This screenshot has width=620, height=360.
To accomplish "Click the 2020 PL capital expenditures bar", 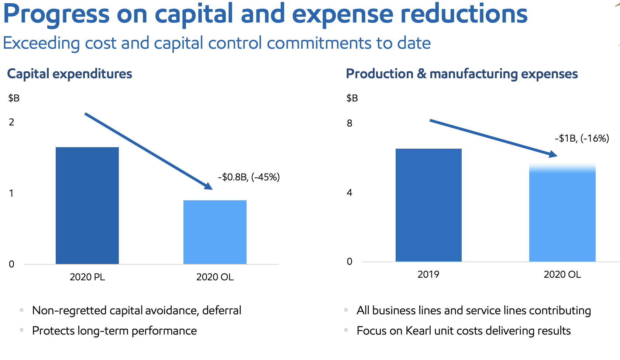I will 87,205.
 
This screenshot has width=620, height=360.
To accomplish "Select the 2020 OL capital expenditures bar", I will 215,232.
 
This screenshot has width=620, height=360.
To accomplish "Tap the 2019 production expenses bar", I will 428,205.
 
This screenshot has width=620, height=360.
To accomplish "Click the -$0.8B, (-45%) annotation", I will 249,177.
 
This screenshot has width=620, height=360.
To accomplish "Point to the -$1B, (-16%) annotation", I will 582,138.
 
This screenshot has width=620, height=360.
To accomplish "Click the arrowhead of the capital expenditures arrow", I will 209,186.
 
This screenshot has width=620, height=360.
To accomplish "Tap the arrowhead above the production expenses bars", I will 553,154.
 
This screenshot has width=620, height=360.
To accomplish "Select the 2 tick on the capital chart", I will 12,122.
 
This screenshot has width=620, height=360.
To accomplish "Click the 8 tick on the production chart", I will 349,123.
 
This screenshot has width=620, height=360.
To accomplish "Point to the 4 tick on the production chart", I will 349,193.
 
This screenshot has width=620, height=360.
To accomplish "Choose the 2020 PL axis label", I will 87,277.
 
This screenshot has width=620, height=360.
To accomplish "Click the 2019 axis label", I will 428,274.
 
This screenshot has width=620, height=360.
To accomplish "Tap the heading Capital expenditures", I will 70,74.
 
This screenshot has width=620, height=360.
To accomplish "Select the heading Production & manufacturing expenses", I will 462,74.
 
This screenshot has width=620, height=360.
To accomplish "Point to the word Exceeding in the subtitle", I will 41,44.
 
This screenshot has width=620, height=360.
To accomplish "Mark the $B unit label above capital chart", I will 14,98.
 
